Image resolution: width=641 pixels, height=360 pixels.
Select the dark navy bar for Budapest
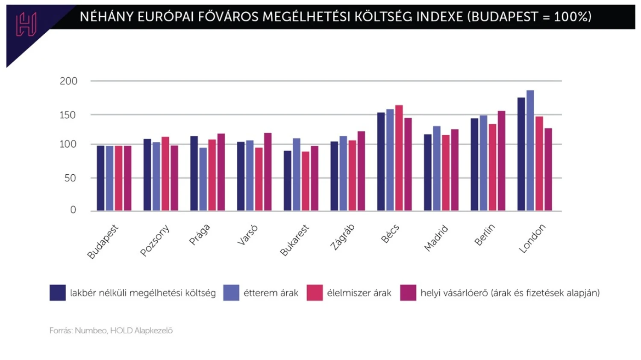click(100, 178)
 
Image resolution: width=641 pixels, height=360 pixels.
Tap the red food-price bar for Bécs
click(399, 158)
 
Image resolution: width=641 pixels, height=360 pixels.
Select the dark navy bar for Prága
click(194, 173)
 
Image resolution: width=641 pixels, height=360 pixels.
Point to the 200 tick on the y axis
click(68, 81)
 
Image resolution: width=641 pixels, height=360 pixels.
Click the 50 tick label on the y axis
click(70, 178)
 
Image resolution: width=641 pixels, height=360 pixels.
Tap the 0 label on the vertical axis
click(73, 210)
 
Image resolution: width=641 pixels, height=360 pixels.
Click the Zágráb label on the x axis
click(342, 237)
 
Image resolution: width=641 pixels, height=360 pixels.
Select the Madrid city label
click(436, 238)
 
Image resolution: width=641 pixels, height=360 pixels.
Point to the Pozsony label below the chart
click(155, 240)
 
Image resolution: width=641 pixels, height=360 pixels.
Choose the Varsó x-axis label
click(248, 235)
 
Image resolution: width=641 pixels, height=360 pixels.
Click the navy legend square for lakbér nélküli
click(58, 293)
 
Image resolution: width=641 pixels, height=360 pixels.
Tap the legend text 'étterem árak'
click(271, 293)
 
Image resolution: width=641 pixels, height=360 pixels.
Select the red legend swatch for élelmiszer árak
click(315, 293)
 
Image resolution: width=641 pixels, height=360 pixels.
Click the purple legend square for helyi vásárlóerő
click(408, 293)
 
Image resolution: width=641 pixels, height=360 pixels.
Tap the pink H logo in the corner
click(26, 24)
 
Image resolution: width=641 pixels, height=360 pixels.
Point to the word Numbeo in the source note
click(91, 331)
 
